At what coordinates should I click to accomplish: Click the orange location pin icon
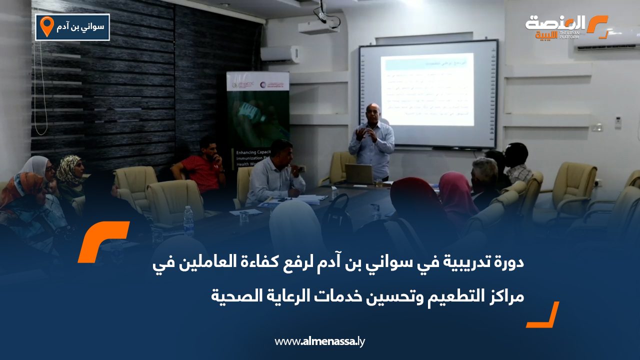46,26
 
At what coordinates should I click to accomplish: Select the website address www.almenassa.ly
320,341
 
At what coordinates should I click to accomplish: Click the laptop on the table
359,173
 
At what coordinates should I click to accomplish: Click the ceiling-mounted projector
318,26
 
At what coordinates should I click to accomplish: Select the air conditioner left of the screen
280,54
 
